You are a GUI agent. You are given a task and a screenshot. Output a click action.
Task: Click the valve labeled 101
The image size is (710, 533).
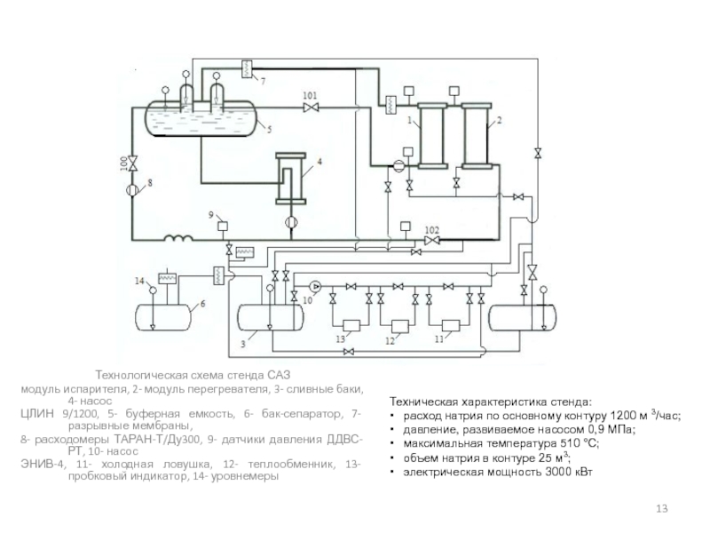tap(311, 107)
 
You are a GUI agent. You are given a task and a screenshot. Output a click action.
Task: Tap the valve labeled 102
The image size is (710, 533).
tap(432, 240)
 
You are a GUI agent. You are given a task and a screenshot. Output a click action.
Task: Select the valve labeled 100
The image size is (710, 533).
tap(131, 165)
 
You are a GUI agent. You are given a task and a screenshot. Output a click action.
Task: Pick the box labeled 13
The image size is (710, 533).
tap(351, 325)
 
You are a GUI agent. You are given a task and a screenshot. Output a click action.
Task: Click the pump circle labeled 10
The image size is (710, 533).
tap(315, 286)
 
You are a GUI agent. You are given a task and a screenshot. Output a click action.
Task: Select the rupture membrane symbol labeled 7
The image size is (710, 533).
tap(248, 68)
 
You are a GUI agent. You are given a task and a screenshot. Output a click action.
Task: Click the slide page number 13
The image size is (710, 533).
tap(660, 507)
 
